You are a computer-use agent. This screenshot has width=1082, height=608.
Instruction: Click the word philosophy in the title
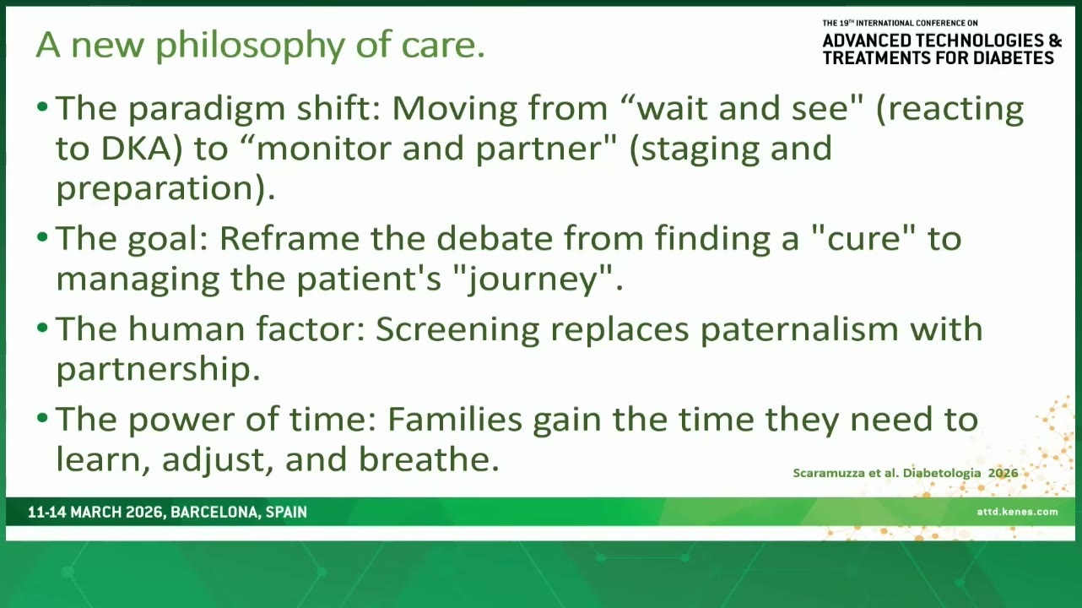[250, 46]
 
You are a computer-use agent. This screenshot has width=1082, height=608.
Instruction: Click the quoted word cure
[863, 239]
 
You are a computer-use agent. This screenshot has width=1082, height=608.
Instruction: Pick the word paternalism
[799, 329]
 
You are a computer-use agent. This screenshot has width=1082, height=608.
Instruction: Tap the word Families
[455, 419]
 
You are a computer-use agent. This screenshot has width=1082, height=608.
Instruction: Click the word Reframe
[289, 239]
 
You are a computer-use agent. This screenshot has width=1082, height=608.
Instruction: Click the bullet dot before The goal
[42, 236]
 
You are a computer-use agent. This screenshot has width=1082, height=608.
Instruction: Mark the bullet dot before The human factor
[42, 327]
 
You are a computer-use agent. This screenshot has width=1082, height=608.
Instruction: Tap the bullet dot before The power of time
[42, 417]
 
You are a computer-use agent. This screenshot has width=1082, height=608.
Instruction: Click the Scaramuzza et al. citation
[906, 473]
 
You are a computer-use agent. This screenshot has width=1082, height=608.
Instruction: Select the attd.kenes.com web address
[1017, 512]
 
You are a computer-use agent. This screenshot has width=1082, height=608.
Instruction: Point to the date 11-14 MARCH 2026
[95, 513]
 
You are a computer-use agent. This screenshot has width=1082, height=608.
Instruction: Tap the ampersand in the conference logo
[1056, 41]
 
